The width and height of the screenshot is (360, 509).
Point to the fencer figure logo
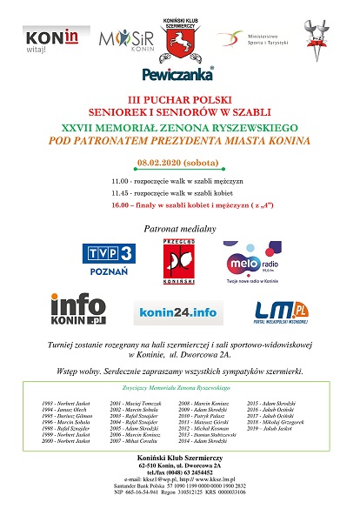(x=319, y=38)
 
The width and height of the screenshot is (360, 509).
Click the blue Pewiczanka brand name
(x=179, y=74)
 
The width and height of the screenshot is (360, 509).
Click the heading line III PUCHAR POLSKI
(x=179, y=101)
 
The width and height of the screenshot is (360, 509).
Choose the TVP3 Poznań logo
(x=110, y=258)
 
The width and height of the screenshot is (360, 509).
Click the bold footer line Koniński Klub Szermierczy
(x=179, y=458)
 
